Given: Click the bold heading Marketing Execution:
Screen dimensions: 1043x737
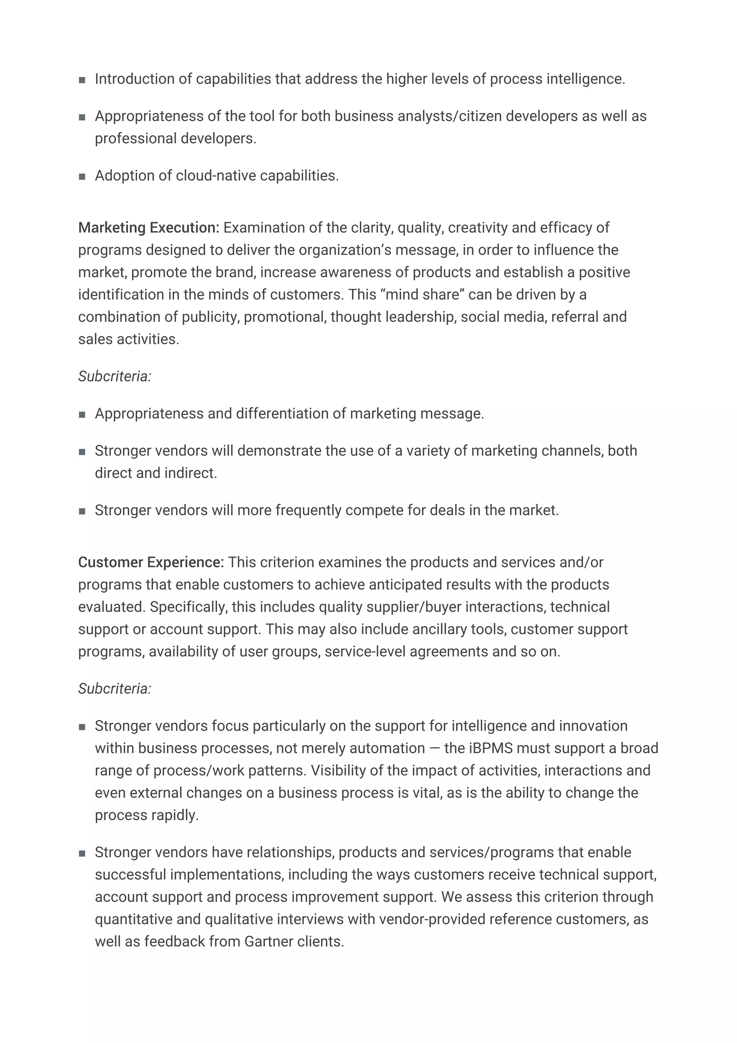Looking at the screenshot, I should click(149, 227).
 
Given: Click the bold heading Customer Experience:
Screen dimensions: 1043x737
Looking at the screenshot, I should click(151, 563).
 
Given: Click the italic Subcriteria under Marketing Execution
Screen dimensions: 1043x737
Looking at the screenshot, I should click(114, 376).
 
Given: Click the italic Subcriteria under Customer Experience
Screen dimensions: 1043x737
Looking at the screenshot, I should click(114, 688).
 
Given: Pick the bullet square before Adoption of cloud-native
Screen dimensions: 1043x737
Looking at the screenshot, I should click(82, 177).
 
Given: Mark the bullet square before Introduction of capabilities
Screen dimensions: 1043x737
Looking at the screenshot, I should click(82, 80).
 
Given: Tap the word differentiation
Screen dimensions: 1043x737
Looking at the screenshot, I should click(284, 414).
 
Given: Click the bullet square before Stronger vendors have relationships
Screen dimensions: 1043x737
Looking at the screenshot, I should click(82, 854).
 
